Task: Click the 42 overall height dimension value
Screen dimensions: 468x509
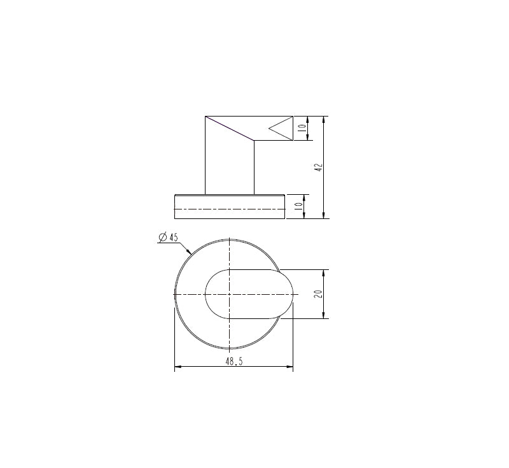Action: (319, 167)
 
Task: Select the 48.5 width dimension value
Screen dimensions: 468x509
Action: (234, 360)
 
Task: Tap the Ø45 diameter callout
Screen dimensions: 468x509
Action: (169, 238)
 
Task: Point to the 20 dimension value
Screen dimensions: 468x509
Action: (319, 294)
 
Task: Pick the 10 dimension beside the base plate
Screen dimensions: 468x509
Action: (298, 206)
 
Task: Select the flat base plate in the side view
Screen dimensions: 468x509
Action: (229, 206)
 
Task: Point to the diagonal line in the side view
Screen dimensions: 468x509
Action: (230, 128)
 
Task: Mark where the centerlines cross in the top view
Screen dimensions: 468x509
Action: (229, 294)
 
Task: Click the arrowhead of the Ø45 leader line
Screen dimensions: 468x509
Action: (190, 253)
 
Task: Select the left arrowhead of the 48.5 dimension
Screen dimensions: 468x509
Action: (178, 367)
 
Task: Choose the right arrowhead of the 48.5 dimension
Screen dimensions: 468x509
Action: (290, 367)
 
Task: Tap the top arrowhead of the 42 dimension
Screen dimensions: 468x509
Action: (324, 119)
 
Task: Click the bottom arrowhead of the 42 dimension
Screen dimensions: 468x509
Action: (324, 215)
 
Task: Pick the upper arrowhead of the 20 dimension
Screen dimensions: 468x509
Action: (324, 272)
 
